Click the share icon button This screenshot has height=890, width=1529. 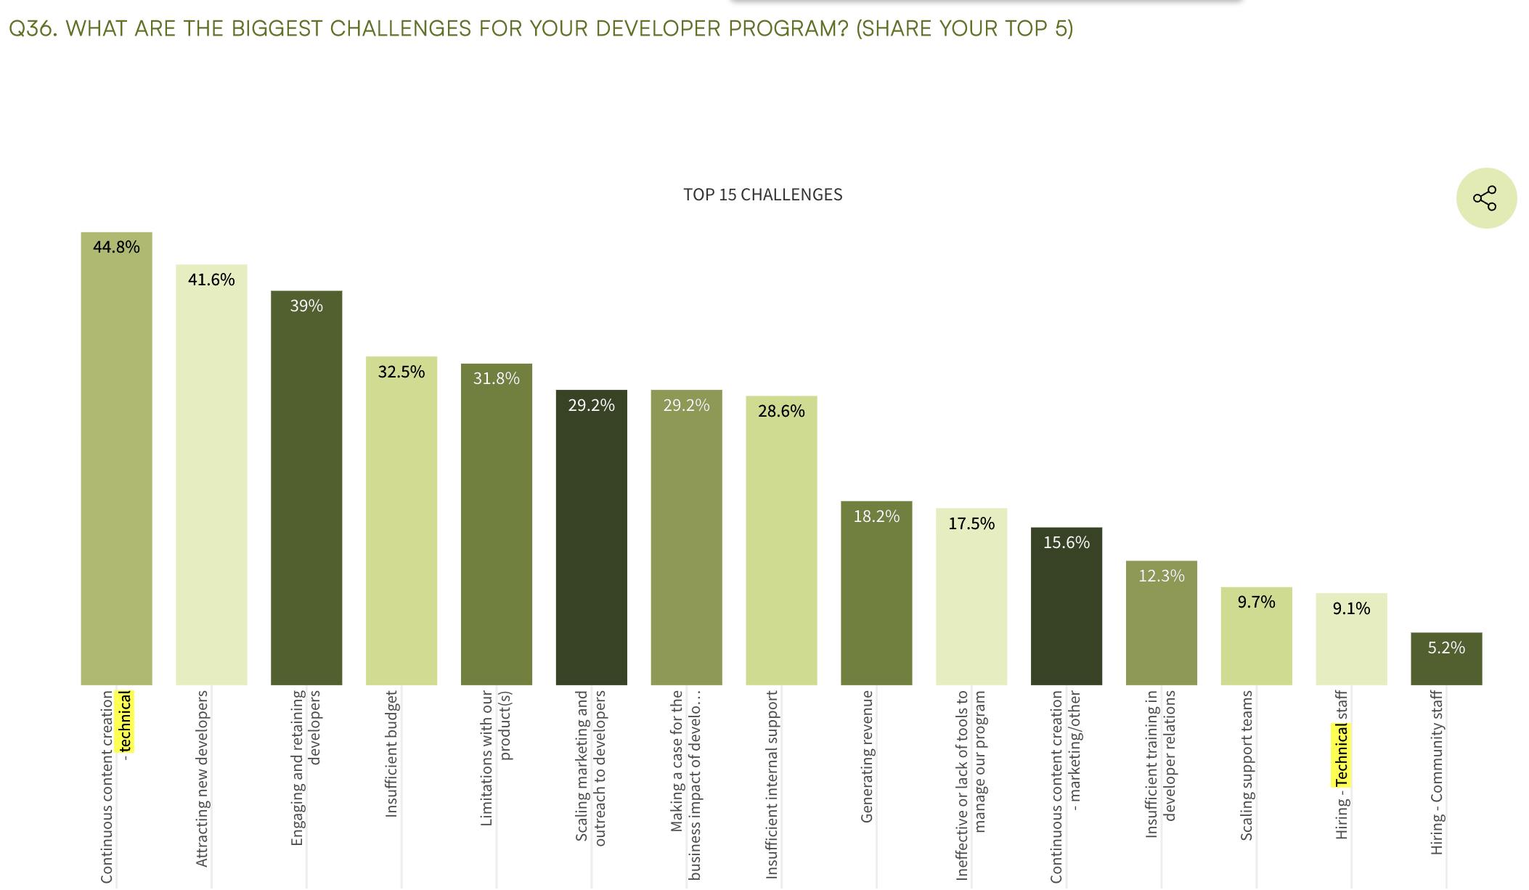1485,198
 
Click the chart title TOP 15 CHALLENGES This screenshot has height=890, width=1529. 762,195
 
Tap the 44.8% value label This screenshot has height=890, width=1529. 116,247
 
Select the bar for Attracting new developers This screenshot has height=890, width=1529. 211,479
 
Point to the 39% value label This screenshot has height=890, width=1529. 306,306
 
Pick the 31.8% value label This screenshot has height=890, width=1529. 497,378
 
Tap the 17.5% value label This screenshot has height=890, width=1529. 971,523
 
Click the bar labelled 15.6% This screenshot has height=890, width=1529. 1067,610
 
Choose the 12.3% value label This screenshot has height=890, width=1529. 1162,576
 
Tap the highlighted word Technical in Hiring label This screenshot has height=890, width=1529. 1342,755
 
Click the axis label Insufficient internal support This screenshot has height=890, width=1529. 772,784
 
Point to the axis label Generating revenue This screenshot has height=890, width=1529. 867,756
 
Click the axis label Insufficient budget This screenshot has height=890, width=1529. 392,754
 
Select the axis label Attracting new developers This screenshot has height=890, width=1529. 203,777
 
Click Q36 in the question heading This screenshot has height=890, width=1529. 33,28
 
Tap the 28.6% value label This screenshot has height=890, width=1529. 781,411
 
